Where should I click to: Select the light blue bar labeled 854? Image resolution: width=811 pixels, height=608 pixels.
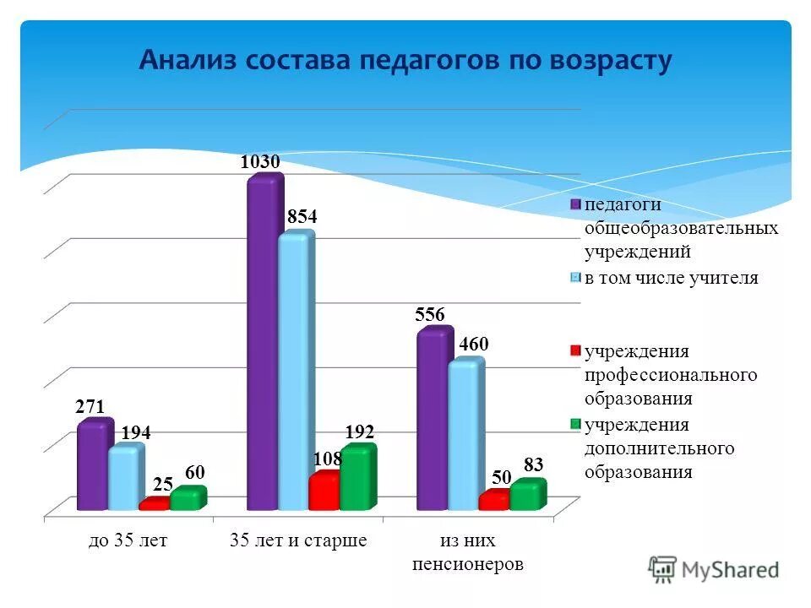(294, 372)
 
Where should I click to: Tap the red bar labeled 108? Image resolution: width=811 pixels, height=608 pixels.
(323, 492)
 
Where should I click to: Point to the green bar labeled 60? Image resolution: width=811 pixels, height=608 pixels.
(186, 500)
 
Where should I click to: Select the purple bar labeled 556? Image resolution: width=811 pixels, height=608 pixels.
(433, 420)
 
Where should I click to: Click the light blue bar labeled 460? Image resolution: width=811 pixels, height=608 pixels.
(465, 436)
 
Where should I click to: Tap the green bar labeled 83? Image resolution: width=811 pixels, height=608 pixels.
(526, 497)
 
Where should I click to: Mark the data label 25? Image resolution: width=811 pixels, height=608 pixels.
(163, 485)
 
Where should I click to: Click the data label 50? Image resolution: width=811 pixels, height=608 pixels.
(502, 477)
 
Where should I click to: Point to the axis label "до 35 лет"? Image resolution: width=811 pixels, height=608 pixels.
(128, 541)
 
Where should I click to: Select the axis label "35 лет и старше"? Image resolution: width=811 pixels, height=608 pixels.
(298, 541)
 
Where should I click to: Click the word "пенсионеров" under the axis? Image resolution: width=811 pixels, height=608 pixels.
(467, 564)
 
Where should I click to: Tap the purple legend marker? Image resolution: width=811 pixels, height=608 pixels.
(575, 204)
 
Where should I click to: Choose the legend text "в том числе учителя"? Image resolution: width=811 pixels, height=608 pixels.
(671, 278)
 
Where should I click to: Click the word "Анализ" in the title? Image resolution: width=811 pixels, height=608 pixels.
(188, 61)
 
